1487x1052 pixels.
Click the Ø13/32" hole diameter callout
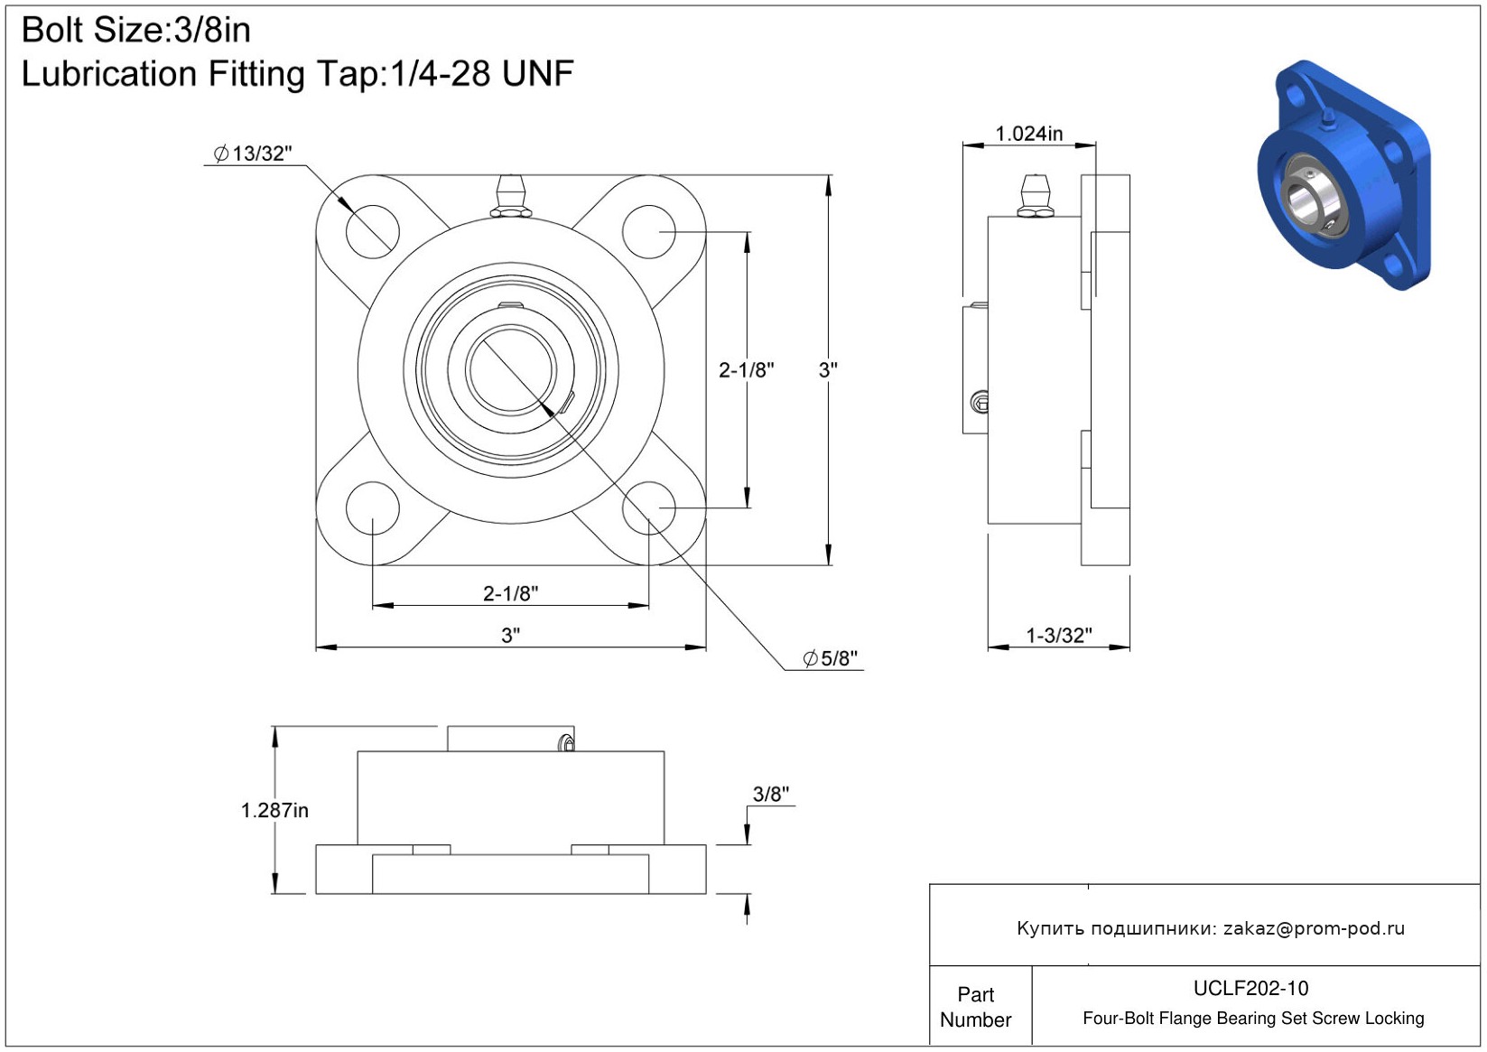pos(253,154)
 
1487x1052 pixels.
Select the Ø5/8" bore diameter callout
pos(831,658)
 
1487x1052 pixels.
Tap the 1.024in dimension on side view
pos(1028,134)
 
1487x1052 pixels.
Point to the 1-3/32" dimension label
pos(1058,635)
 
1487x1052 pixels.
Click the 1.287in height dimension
pos(274,810)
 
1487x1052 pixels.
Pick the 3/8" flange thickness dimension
pos(770,794)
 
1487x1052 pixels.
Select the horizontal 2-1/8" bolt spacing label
pos(510,593)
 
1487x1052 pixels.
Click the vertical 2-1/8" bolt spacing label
pos(746,369)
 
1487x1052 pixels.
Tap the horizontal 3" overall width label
pos(510,635)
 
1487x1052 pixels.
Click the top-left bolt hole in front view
pos(372,231)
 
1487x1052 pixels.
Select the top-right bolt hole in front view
pos(649,231)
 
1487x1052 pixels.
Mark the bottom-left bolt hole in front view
pos(372,507)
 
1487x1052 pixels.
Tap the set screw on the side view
pos(980,402)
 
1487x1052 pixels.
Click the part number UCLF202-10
pos(1250,988)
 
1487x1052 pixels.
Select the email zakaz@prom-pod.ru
pos(1314,928)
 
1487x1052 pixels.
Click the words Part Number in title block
pos(975,1007)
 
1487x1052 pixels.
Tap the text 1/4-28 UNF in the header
pos(481,74)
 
